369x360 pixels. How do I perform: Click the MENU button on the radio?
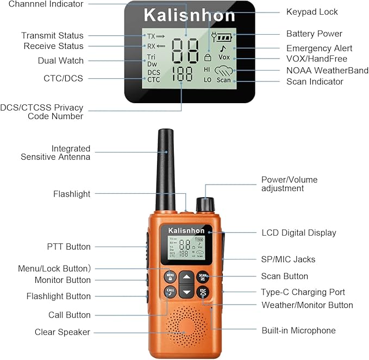(170, 277)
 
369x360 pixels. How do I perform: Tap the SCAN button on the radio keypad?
(203, 277)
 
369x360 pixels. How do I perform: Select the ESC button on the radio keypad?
(203, 292)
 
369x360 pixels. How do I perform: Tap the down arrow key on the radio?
(186, 292)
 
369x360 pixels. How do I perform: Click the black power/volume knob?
(205, 204)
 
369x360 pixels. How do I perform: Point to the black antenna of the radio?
(166, 169)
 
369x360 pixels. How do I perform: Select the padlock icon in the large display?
(208, 57)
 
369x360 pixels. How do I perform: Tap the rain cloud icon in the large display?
(223, 70)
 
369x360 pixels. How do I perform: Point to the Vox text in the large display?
(224, 57)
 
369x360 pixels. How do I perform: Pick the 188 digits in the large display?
(183, 74)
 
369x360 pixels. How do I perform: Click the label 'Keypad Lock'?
(312, 12)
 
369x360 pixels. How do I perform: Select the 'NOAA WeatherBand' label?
(327, 70)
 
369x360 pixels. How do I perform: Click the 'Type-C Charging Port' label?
(303, 292)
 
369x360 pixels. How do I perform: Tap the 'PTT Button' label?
(68, 247)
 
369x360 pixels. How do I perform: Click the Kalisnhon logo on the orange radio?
(186, 231)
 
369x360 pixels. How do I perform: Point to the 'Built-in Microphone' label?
(299, 330)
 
